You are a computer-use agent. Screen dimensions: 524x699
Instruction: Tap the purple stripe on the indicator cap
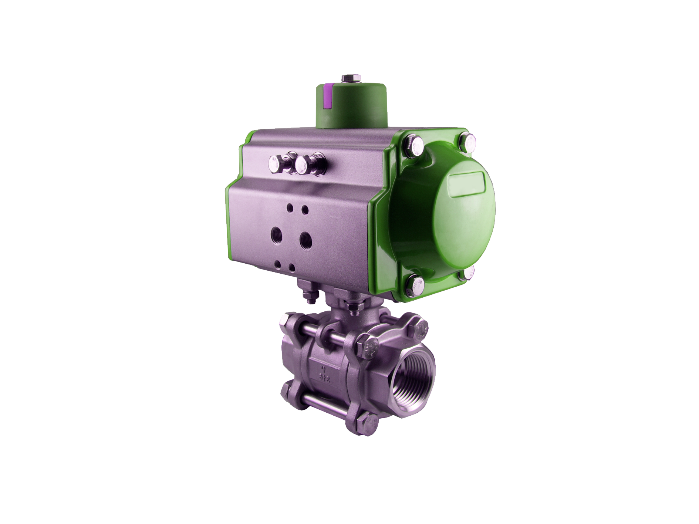point(327,97)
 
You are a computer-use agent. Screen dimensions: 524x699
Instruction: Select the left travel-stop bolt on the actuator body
point(276,163)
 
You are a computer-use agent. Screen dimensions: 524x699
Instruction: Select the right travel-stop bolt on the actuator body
point(303,164)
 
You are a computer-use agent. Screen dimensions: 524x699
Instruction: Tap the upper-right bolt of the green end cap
point(469,142)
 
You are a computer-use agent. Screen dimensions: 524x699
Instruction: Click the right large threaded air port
point(305,240)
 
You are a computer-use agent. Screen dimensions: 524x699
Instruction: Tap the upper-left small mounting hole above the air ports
point(290,207)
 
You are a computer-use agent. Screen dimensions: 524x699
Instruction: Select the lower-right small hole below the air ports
point(292,267)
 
